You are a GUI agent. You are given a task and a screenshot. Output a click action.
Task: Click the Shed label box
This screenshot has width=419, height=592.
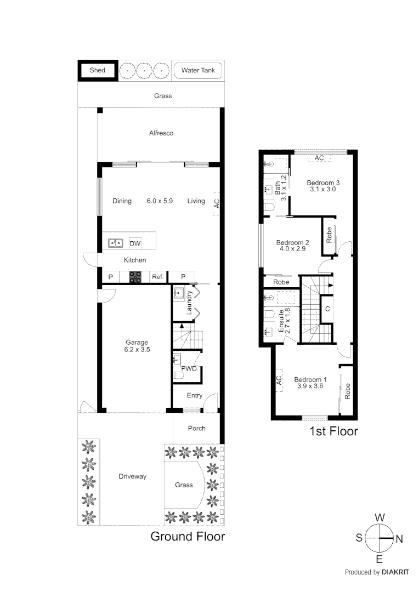[x=97, y=71]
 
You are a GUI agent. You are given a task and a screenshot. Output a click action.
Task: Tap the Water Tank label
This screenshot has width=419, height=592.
[x=198, y=71]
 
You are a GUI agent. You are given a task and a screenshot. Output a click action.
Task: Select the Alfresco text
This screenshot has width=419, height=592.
[x=161, y=133]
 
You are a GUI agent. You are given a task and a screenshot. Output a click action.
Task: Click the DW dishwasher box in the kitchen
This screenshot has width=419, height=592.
[x=134, y=243]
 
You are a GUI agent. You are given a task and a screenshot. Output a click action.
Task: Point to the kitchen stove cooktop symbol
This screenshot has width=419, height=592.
[x=135, y=277]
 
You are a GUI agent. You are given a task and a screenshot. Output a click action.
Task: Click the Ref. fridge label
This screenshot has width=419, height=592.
[x=158, y=277]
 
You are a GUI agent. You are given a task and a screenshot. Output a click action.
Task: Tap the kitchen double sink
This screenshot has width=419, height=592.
[x=116, y=243]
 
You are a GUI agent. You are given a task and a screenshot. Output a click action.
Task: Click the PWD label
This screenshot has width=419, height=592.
[x=189, y=369]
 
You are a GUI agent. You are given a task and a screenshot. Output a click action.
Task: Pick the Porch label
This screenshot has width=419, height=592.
[x=196, y=428]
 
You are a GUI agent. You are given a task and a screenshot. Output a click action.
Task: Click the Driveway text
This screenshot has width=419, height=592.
[x=133, y=476]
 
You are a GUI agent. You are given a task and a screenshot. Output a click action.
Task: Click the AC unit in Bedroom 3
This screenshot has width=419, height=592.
[x=319, y=158]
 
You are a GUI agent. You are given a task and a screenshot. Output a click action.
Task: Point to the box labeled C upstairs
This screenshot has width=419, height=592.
[x=327, y=309]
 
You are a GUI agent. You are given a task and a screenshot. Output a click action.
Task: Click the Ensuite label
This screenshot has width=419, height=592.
[x=281, y=322]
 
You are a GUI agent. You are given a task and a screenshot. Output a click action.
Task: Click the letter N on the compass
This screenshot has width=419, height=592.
[x=399, y=539]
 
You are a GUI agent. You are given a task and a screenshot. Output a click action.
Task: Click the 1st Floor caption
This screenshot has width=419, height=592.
[x=333, y=431]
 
